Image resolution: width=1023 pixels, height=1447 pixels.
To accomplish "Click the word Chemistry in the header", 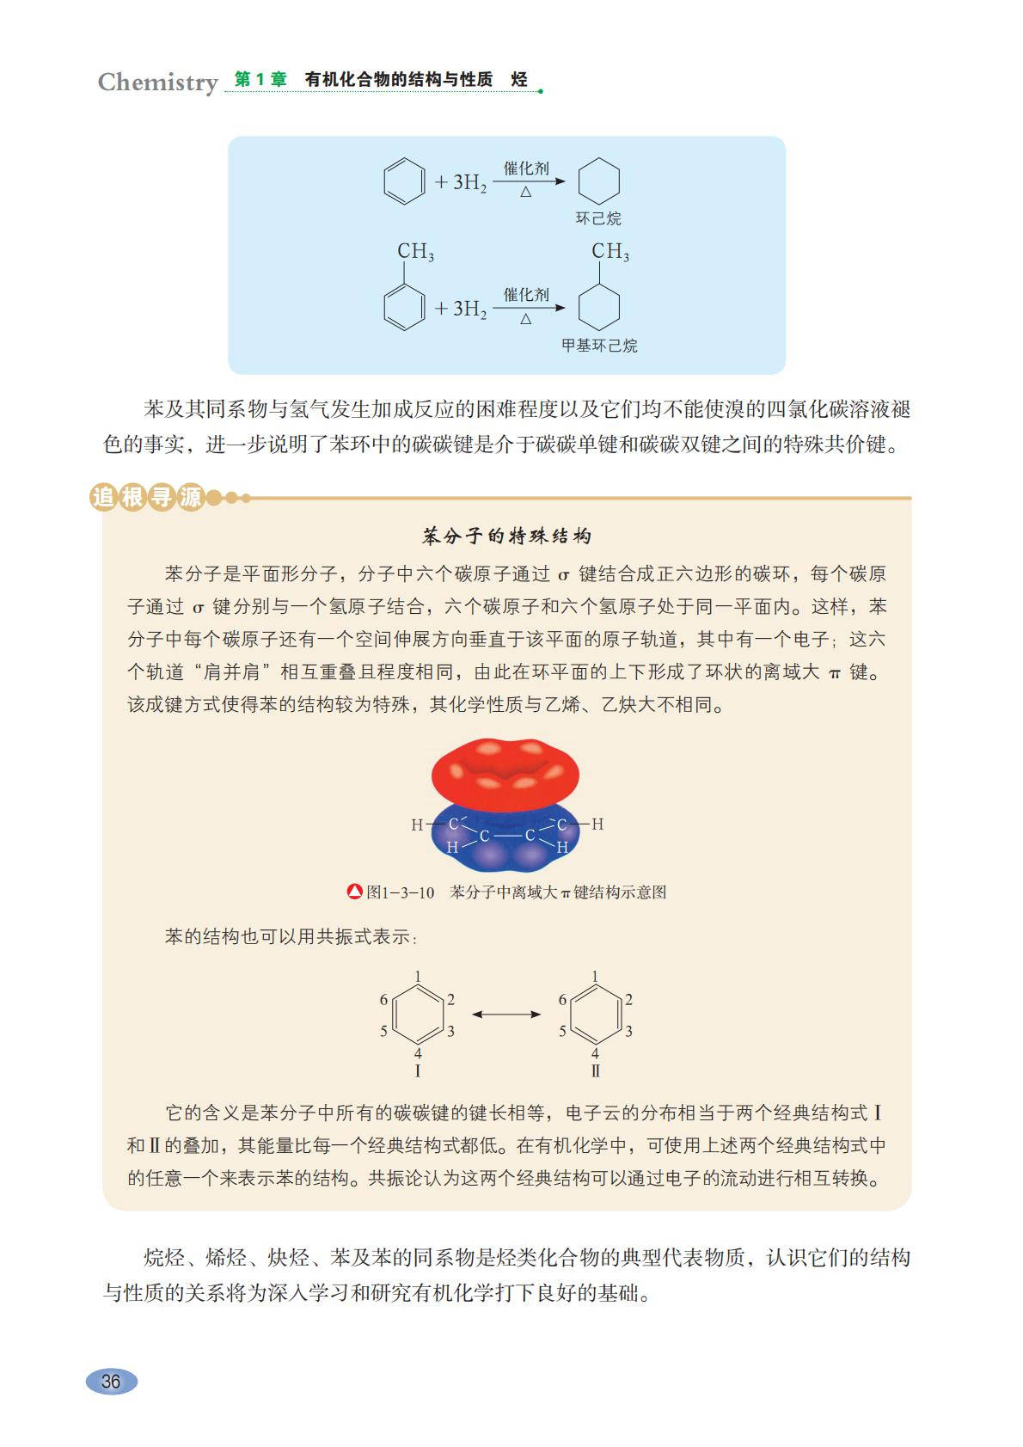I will pyautogui.click(x=157, y=83).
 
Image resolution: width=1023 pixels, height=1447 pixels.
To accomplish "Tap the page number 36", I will pyautogui.click(x=111, y=1381).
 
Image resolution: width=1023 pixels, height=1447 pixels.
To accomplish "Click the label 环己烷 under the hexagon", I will pyautogui.click(x=598, y=218).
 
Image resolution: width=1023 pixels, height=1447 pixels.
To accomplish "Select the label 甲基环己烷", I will pyautogui.click(x=599, y=346).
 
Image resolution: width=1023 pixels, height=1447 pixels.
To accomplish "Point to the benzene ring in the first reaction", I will pyautogui.click(x=404, y=181).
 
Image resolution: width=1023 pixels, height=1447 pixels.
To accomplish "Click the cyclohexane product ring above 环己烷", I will pyautogui.click(x=598, y=181).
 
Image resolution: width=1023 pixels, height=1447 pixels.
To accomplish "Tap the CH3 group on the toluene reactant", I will pyautogui.click(x=415, y=252).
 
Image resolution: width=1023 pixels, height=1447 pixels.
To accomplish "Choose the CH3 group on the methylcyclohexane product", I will pyautogui.click(x=610, y=252).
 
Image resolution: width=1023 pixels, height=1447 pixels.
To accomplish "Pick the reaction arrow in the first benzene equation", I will pyautogui.click(x=528, y=181).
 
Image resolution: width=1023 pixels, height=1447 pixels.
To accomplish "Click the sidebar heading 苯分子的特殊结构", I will pyautogui.click(x=507, y=536).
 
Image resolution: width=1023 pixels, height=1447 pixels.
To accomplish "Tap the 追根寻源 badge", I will pyautogui.click(x=146, y=497).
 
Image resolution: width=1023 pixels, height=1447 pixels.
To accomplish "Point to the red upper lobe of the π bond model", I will pyautogui.click(x=505, y=774).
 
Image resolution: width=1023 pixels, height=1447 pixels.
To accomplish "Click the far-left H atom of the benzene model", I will pyautogui.click(x=417, y=825).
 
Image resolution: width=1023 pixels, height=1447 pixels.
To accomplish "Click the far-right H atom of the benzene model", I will pyautogui.click(x=597, y=824).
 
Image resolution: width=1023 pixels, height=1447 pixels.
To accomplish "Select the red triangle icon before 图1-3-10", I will pyautogui.click(x=354, y=892).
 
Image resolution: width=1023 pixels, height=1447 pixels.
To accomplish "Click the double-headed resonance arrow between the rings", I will pyautogui.click(x=506, y=1015).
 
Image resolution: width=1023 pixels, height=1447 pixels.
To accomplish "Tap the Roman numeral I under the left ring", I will pyautogui.click(x=418, y=1071).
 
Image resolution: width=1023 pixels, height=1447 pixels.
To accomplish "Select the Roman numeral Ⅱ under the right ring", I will pyautogui.click(x=595, y=1071).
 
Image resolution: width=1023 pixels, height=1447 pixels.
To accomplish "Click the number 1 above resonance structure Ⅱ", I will pyautogui.click(x=595, y=977).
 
